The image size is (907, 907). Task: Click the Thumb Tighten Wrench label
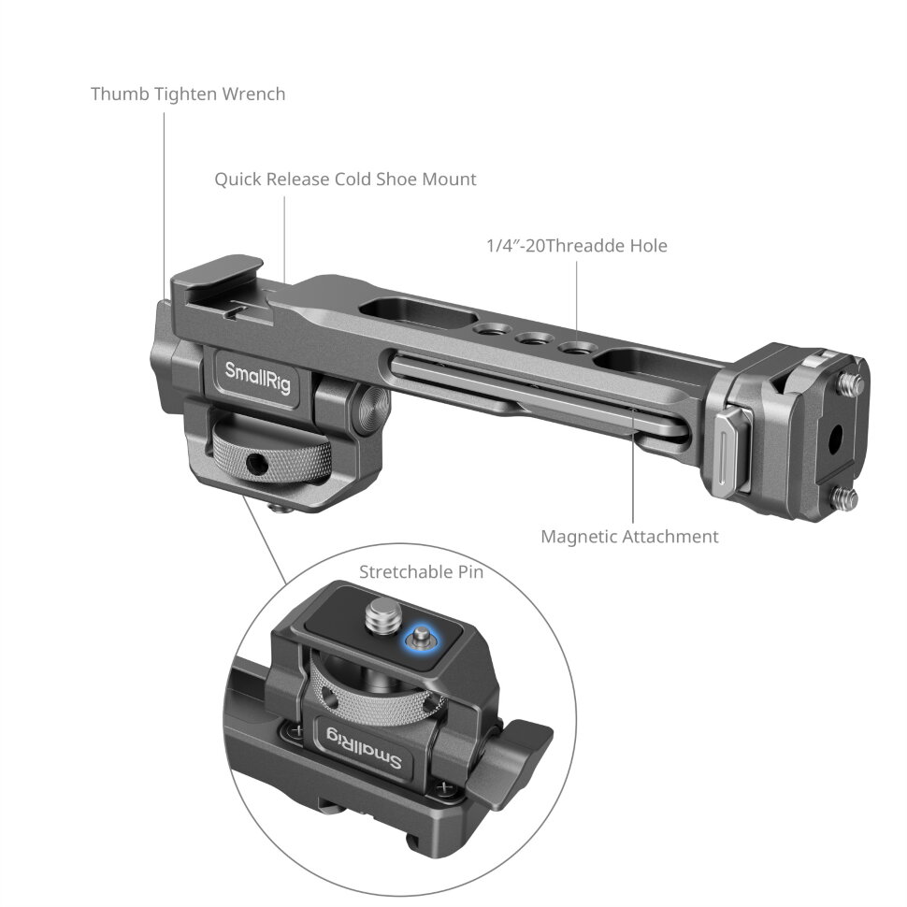[x=188, y=94]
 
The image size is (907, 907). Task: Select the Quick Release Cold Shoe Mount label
[x=345, y=179]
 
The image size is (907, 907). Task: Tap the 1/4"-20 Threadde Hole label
[x=577, y=246]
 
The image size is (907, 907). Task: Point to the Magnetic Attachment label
[x=630, y=537]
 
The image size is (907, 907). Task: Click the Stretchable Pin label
[x=422, y=571]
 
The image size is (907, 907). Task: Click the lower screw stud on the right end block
[x=845, y=498]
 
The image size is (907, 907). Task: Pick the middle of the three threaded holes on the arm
[x=535, y=340]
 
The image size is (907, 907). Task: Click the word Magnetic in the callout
[x=580, y=537]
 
